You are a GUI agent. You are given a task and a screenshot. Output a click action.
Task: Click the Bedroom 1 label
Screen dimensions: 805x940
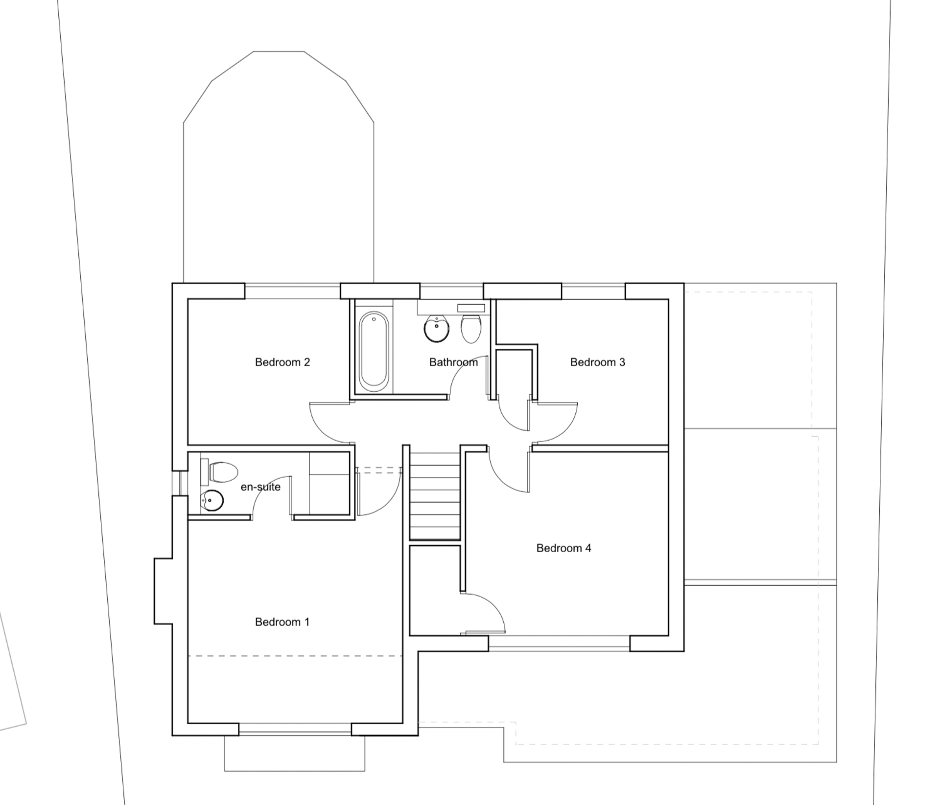(x=282, y=622)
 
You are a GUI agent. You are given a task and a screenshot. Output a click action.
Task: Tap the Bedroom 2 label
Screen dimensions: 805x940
(x=282, y=362)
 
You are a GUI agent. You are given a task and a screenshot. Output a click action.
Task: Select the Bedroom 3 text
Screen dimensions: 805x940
(x=597, y=362)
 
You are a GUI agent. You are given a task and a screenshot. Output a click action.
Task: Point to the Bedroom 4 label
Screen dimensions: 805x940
(x=564, y=548)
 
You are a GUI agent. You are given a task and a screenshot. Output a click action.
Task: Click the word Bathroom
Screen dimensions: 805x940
(x=453, y=362)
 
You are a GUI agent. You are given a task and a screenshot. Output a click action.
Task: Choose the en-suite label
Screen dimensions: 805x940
(x=260, y=487)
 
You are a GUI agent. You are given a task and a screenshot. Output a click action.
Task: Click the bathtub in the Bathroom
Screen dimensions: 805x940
(x=374, y=351)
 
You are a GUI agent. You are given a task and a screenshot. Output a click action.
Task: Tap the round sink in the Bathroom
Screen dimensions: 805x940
(x=436, y=329)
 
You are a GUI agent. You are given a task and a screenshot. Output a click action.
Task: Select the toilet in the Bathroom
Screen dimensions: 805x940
(x=471, y=328)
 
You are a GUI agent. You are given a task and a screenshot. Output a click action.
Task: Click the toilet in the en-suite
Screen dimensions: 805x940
(x=223, y=472)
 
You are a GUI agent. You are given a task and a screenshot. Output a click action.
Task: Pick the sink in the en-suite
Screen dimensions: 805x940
(x=212, y=501)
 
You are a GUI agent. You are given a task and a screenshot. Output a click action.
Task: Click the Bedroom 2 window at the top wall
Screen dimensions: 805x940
(x=292, y=291)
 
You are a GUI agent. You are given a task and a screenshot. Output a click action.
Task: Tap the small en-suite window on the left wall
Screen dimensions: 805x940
(x=179, y=483)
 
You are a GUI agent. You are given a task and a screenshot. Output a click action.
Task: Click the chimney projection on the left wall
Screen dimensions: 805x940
(x=164, y=591)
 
